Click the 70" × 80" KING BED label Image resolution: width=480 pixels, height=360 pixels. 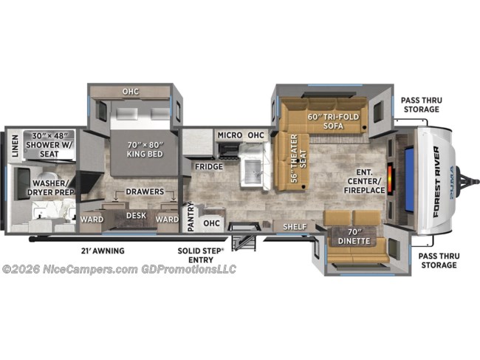(x=145, y=149)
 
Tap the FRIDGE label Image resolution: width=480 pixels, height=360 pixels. (x=209, y=166)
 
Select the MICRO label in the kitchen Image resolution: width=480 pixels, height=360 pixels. (x=230, y=135)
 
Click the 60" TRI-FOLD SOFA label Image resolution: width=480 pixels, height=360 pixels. (x=333, y=121)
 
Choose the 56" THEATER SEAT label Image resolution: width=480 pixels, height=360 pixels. (x=298, y=158)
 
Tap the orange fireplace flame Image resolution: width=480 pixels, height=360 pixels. (x=391, y=179)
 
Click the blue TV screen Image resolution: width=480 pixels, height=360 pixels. (x=409, y=180)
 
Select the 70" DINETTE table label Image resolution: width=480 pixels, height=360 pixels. (x=354, y=237)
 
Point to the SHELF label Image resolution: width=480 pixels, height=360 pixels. (x=295, y=227)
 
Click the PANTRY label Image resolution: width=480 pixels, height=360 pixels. (x=191, y=217)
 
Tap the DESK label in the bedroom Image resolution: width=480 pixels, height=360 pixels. (x=136, y=215)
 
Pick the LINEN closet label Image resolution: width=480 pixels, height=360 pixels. (x=15, y=146)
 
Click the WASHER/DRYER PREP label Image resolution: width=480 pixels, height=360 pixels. (x=51, y=188)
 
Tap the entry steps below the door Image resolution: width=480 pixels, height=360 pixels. (x=244, y=243)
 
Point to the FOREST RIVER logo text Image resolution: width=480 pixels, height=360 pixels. (x=436, y=182)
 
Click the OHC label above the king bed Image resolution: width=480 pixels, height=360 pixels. (x=131, y=92)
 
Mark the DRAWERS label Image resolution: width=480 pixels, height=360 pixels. (x=145, y=191)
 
